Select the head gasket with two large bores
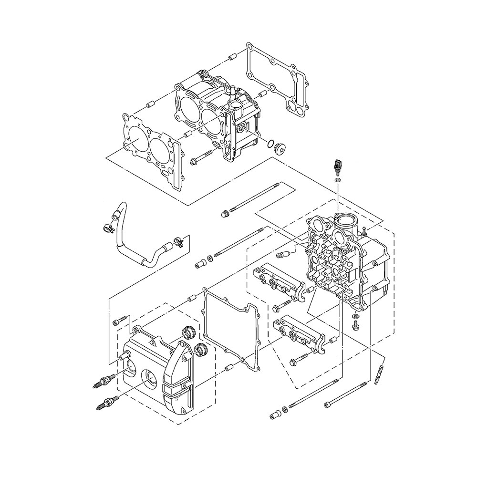click(151, 145)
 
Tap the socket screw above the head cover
click(120, 321)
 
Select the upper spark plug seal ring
click(189, 331)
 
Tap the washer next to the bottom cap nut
click(285, 409)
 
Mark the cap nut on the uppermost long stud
click(224, 213)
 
